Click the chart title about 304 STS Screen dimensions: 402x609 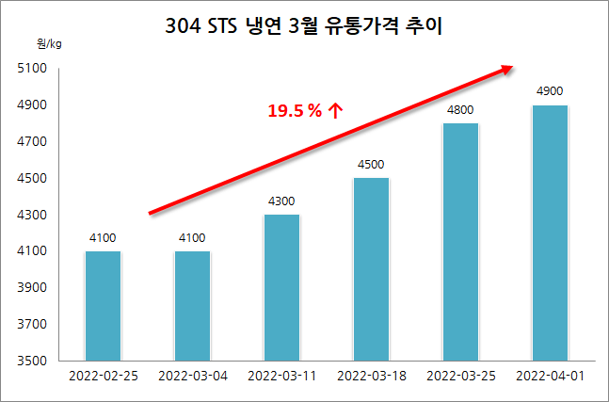coord(303,28)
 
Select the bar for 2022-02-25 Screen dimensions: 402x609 coord(102,305)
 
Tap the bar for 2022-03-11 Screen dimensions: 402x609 coord(281,287)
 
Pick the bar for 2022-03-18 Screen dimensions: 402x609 coord(371,268)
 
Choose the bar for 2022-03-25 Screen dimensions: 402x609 coord(460,241)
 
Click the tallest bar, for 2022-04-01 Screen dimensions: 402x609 coord(550,233)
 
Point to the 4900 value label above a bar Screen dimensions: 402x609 coord(550,91)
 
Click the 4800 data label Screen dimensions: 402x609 coord(460,109)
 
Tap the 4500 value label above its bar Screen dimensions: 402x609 coord(371,165)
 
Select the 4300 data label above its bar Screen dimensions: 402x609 coord(281,201)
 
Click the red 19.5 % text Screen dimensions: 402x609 coord(296,111)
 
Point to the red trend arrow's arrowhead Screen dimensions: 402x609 coord(507,68)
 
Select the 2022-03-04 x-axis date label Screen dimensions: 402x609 coord(192,377)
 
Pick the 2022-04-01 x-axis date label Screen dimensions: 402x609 coord(550,377)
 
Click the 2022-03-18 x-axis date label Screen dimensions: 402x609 coord(371,377)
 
